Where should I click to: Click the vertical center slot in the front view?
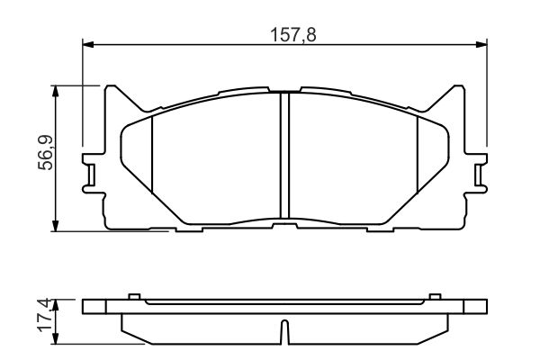284,157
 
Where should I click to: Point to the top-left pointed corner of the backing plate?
111,88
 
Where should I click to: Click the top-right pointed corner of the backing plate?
458,88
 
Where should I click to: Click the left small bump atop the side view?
133,296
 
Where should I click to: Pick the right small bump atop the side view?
436,296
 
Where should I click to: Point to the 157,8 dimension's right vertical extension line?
486,99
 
